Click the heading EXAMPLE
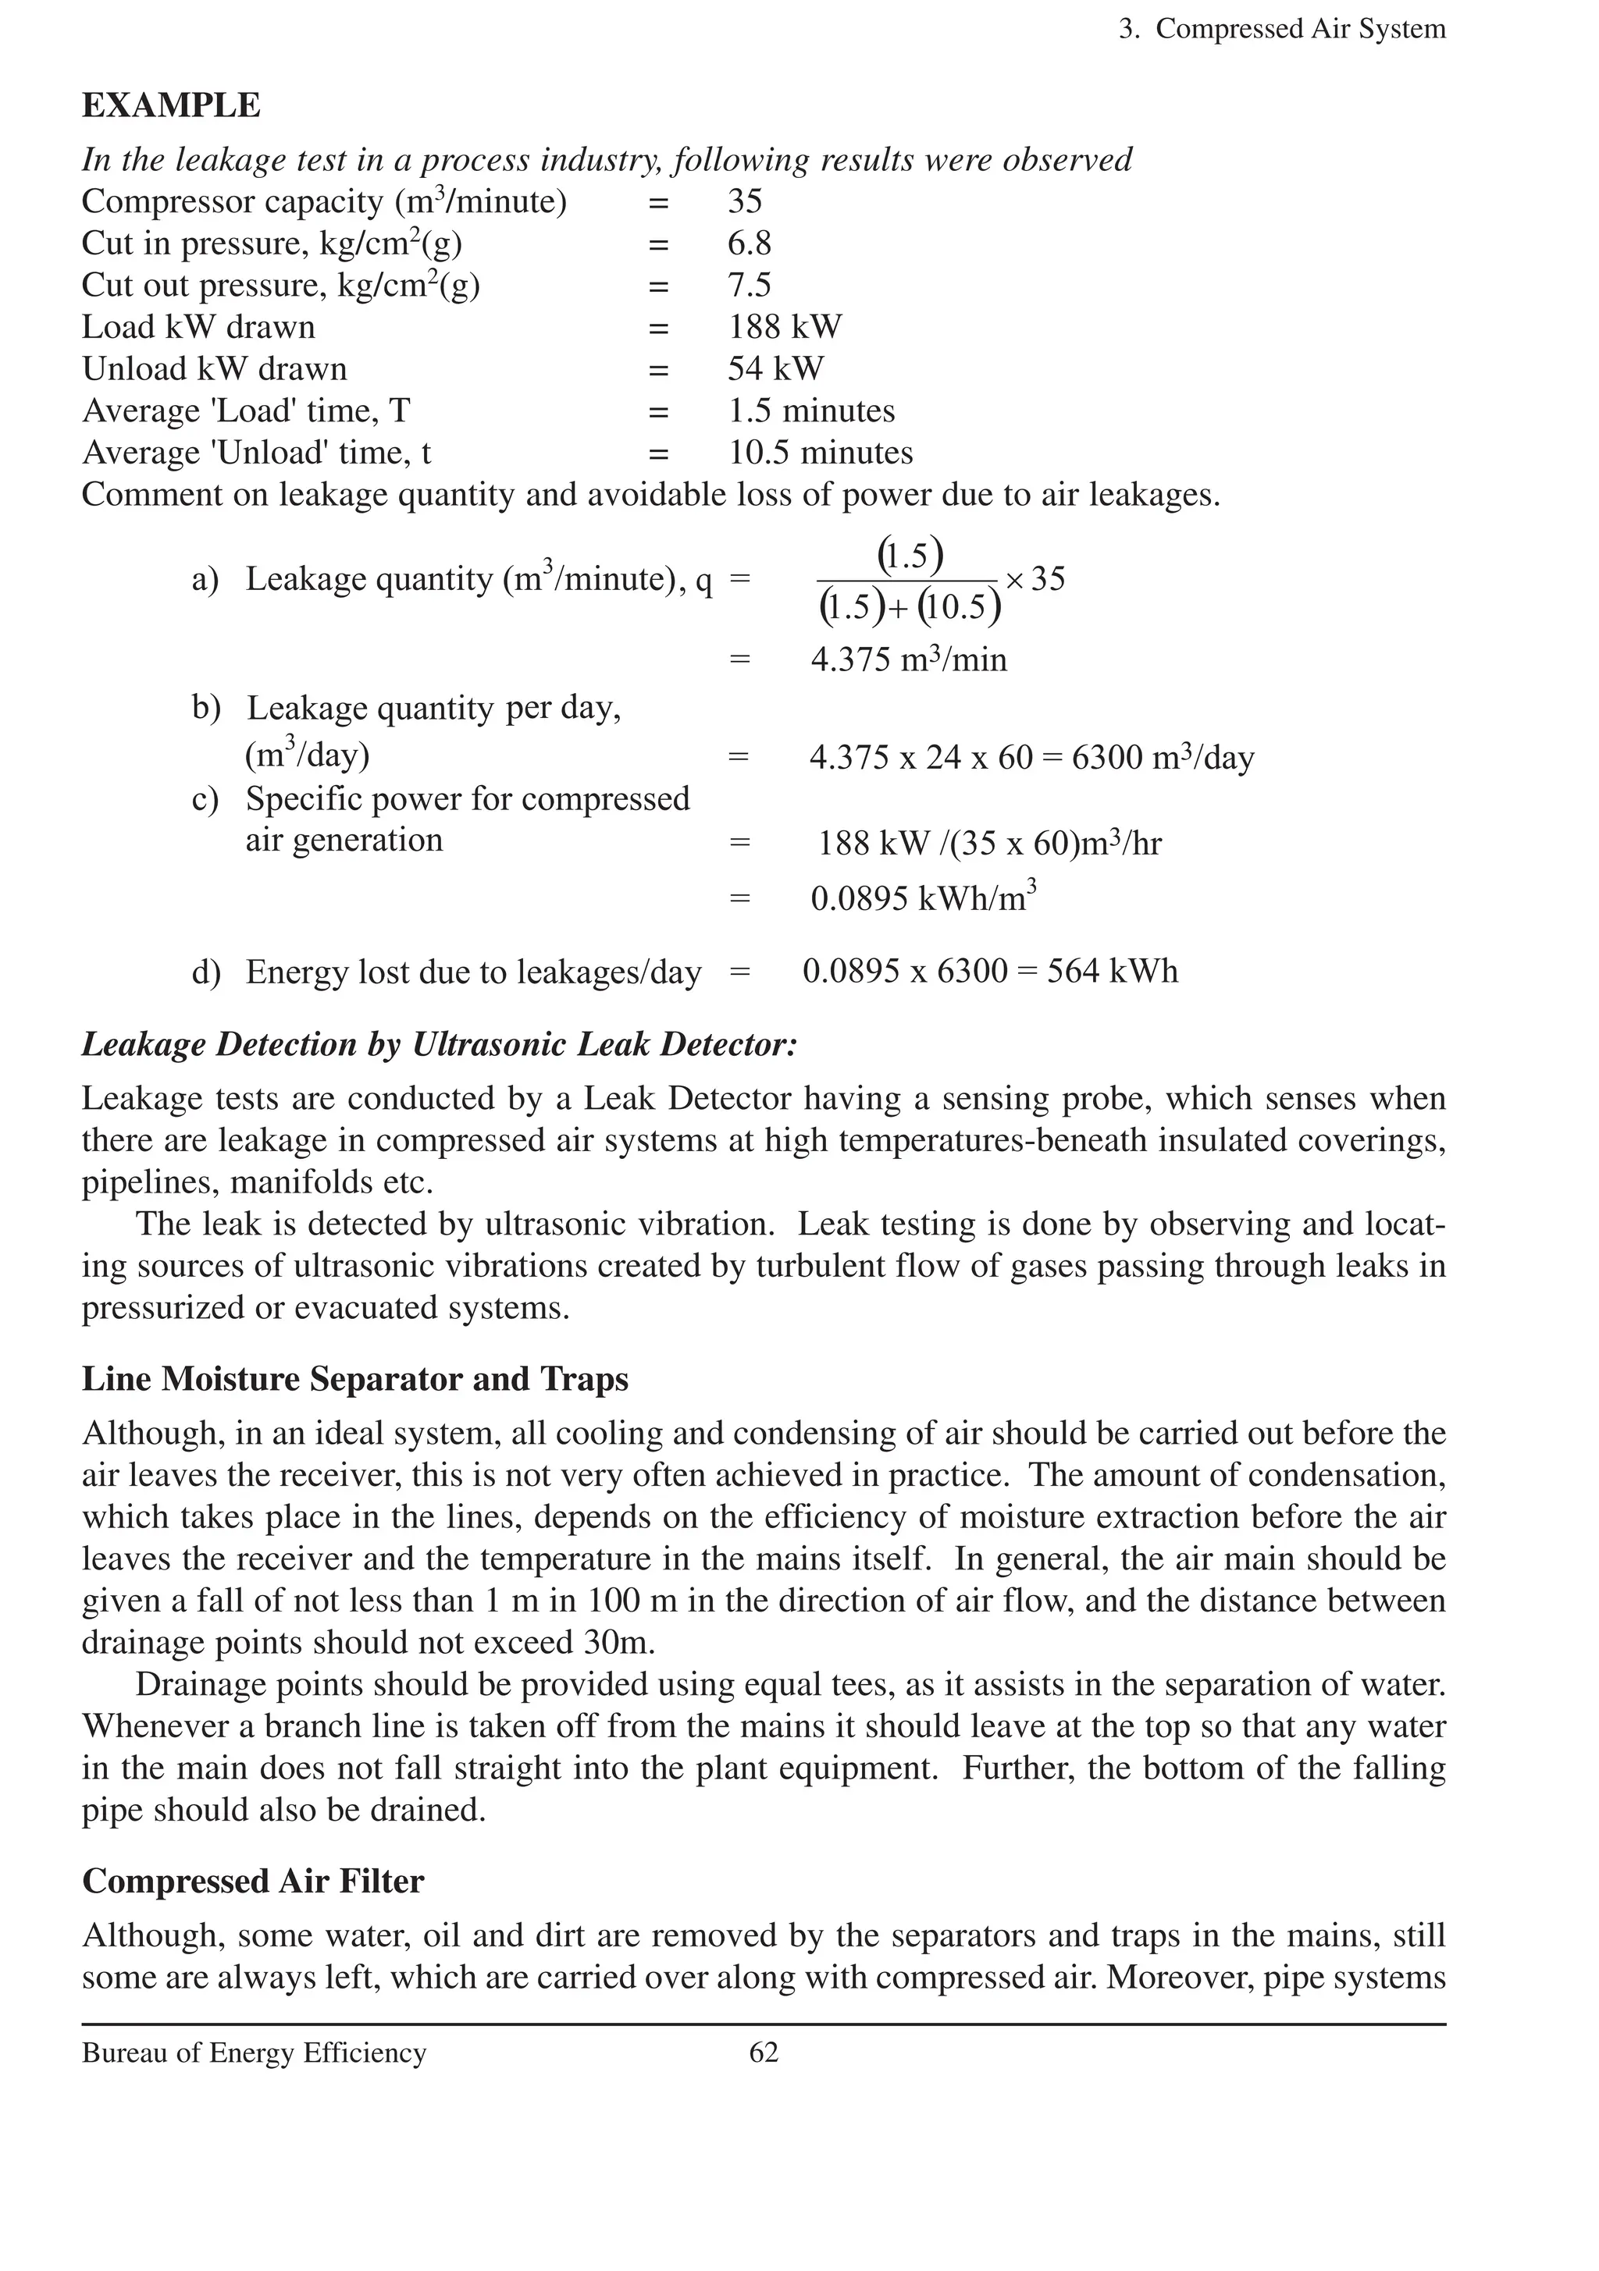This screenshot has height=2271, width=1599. pos(171,106)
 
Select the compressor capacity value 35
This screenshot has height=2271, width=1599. pos(745,202)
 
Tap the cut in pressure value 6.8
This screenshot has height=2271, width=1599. pos(749,243)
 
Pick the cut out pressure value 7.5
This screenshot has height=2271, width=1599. pos(749,285)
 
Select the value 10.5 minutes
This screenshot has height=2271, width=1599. pos(821,452)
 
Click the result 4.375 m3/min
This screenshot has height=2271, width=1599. pos(908,659)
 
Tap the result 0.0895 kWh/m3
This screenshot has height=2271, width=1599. pos(923,897)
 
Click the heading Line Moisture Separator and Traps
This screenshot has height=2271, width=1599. pos(354,1379)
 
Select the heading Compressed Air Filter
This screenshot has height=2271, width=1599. pos(252,1880)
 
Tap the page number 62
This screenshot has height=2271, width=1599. pos(763,2052)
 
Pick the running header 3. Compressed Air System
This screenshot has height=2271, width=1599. pos(1281,30)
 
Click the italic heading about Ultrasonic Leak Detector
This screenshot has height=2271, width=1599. pos(438,1044)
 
